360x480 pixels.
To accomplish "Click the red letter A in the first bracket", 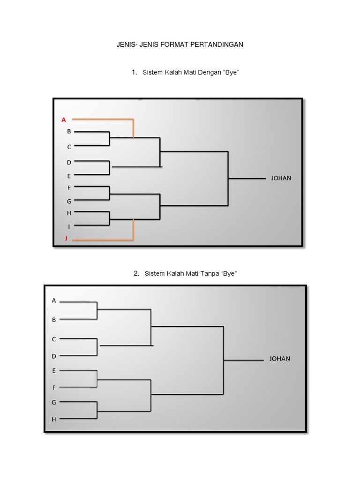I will pos(64,120).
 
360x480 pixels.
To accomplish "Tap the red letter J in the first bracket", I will pos(66,238).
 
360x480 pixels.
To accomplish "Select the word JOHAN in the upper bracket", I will pos(281,178).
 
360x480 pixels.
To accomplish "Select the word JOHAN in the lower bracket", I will pos(279,359).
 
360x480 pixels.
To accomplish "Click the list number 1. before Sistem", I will pos(134,72).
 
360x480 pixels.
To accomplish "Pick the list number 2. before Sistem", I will pos(136,273).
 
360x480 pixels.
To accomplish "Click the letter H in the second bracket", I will pos(54,420).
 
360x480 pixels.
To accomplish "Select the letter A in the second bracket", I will pos(54,300).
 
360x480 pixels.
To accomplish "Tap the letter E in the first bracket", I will pos(69,176).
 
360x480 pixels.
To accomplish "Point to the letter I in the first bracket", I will pos(69,226).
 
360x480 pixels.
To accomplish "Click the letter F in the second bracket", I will pos(54,388).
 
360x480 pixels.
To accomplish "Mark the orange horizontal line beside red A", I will pos(103,120).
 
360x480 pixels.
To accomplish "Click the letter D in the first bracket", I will pos(69,163).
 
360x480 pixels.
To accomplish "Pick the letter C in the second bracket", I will pos(54,339).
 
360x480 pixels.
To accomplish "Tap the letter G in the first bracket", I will pos(69,202).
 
